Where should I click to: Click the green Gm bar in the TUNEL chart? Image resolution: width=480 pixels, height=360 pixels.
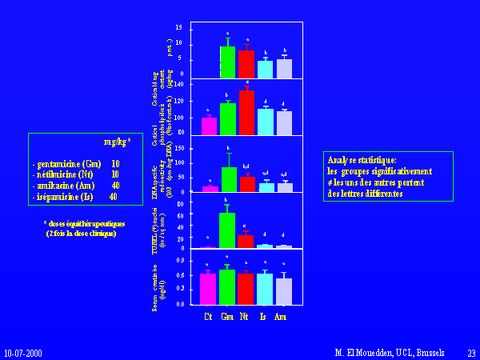(x=227, y=230)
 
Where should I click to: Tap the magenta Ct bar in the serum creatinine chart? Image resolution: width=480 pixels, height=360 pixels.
(x=208, y=289)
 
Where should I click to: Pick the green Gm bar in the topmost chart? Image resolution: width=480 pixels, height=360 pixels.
(x=227, y=62)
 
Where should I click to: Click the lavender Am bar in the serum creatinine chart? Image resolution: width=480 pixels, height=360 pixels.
(x=284, y=291)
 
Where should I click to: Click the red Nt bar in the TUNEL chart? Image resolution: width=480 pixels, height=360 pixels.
(x=246, y=242)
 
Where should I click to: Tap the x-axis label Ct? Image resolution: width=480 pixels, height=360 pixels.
(x=208, y=317)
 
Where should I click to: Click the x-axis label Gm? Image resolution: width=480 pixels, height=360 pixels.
(x=227, y=317)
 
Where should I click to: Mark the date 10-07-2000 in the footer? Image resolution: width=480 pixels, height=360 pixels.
(x=23, y=352)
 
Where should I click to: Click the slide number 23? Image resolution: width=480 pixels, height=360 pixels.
(x=471, y=352)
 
